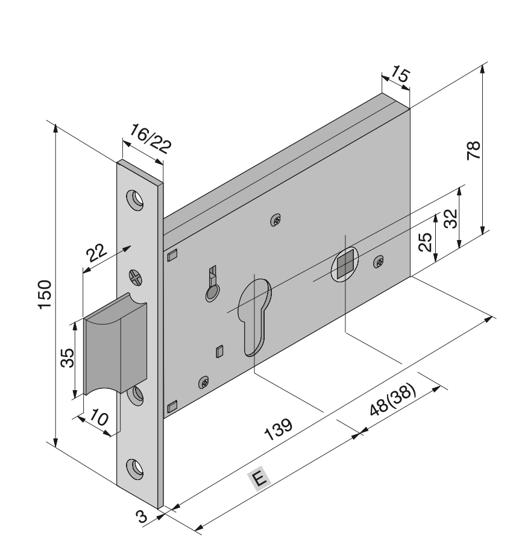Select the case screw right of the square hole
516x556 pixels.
point(379,262)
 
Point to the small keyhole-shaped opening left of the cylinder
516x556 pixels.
point(212,286)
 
